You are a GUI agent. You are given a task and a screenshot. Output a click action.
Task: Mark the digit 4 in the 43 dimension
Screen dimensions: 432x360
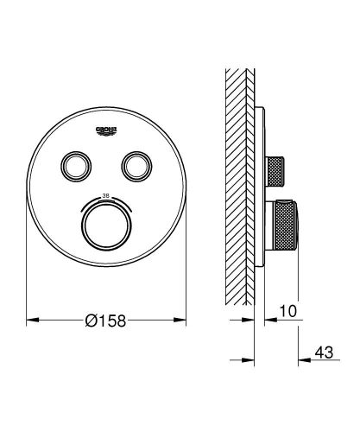(x=319, y=353)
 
